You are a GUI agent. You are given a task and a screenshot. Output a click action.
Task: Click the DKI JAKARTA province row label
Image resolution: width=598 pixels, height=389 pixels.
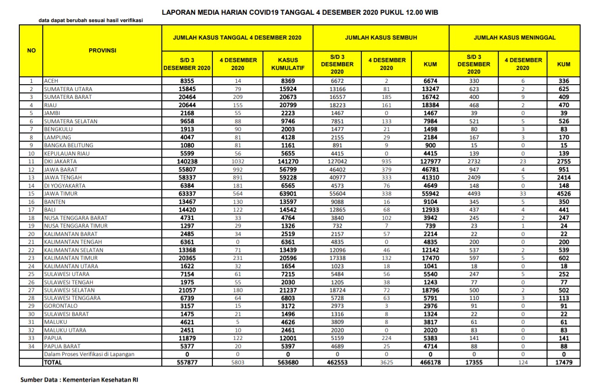point(60,161)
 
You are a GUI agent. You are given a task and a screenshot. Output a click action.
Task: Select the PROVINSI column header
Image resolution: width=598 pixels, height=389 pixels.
point(102,50)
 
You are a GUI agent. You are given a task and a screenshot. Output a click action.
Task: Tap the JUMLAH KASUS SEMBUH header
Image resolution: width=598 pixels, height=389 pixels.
point(381,37)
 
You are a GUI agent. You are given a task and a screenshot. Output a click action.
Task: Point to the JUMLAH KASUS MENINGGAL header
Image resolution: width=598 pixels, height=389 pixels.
point(514,37)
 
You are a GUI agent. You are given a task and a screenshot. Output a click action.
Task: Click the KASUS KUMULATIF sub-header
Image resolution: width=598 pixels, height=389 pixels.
point(288,64)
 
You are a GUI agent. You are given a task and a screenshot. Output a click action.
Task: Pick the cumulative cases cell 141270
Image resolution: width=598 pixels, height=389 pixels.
point(288,161)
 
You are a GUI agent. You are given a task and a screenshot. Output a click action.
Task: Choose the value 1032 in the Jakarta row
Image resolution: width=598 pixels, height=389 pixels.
point(238,161)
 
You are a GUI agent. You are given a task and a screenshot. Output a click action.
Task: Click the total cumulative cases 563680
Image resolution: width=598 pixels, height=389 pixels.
point(288,362)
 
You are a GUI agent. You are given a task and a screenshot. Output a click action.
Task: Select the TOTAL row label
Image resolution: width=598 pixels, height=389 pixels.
point(52,362)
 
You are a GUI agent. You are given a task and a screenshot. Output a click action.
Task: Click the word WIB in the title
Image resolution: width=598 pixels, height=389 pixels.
point(431,12)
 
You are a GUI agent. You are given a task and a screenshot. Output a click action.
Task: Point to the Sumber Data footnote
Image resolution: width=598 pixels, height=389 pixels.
point(79,380)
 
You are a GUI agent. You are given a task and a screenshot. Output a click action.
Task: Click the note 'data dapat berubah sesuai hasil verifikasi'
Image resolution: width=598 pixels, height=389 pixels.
point(91,21)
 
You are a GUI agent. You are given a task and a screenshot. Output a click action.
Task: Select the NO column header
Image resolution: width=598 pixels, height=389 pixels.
point(31,51)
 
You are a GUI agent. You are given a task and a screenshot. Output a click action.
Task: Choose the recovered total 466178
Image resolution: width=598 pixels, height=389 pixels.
point(430,362)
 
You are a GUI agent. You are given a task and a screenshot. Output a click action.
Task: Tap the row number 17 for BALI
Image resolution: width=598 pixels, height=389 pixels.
point(31,210)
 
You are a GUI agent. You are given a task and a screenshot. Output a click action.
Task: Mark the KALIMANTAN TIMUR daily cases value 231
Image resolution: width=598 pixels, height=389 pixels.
point(238,258)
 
